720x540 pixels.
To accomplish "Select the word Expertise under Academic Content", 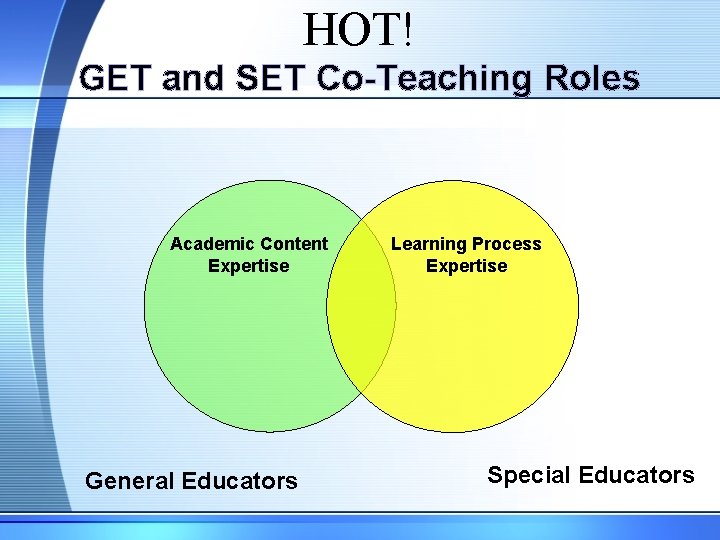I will (248, 266).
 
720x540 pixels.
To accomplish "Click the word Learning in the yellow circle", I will (428, 244).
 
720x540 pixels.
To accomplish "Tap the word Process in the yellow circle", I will (507, 244).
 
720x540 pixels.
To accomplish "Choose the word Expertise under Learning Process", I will (466, 266).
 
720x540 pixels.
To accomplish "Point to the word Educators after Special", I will (637, 475).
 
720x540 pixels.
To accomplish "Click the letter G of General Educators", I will (94, 481).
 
